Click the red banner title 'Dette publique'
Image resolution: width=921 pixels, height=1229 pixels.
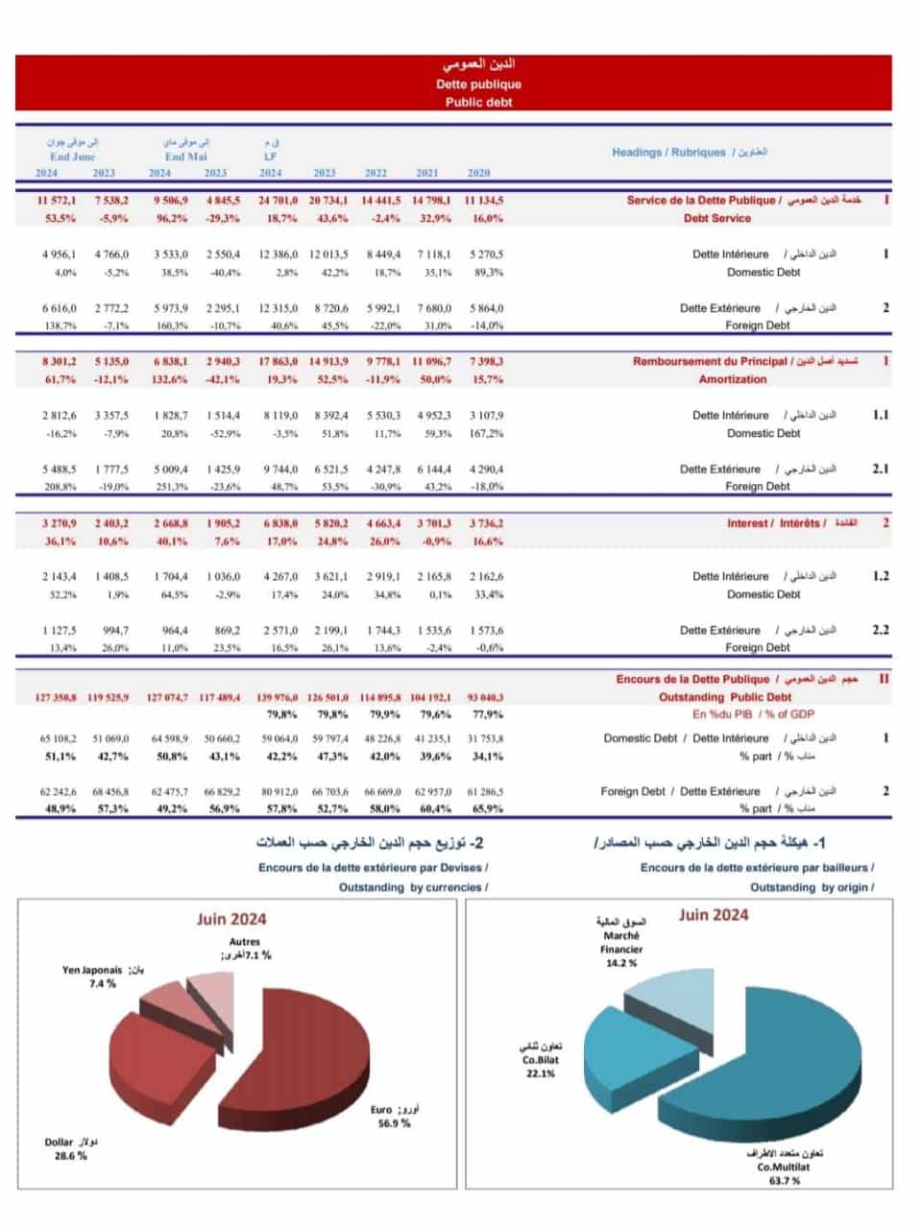pyautogui.click(x=478, y=84)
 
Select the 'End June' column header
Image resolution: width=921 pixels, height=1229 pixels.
pyautogui.click(x=73, y=157)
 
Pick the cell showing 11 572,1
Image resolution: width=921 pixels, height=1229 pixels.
pyautogui.click(x=57, y=201)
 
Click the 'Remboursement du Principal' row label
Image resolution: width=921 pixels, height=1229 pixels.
pyautogui.click(x=710, y=362)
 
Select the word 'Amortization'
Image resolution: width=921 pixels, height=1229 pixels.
pyautogui.click(x=732, y=379)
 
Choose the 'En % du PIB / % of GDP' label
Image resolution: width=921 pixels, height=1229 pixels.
pyautogui.click(x=753, y=714)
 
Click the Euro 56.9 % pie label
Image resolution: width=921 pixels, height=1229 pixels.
pyautogui.click(x=393, y=1117)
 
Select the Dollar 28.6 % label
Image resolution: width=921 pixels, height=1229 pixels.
pyautogui.click(x=70, y=1149)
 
